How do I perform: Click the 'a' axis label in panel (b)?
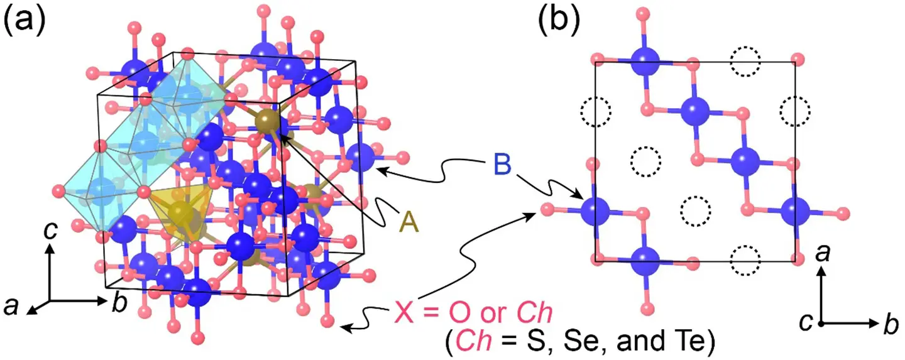[x=821, y=254]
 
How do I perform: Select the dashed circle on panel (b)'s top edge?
[x=745, y=62]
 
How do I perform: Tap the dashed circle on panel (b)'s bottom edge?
[x=745, y=257]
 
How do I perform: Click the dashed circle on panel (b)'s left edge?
[x=595, y=112]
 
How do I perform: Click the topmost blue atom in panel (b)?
[x=644, y=62]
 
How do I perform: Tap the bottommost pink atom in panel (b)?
[x=647, y=307]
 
